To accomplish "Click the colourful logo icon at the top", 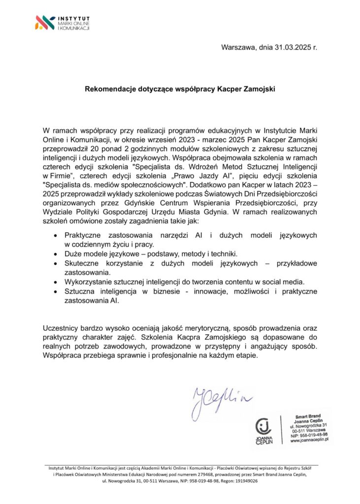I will point(45,22).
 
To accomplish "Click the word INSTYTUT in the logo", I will point(73,18).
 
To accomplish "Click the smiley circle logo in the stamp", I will point(264,427).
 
